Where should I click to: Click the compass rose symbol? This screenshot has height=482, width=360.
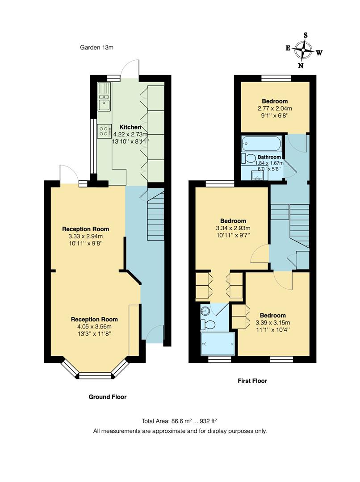304,50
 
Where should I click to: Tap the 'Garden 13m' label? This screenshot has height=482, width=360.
97,47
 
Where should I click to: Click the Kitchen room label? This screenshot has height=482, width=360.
130,127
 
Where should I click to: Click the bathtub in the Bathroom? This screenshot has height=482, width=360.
261,144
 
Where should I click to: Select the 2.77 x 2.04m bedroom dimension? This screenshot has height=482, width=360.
275,108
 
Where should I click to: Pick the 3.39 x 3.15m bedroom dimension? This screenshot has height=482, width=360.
272,323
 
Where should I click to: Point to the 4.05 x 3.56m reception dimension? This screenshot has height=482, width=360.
94,326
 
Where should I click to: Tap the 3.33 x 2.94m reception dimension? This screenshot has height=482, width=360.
85,236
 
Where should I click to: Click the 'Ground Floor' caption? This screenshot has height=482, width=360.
107,397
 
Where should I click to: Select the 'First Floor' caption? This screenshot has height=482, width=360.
252,381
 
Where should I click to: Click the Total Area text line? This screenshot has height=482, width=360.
180,421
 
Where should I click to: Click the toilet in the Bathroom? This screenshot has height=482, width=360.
248,158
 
